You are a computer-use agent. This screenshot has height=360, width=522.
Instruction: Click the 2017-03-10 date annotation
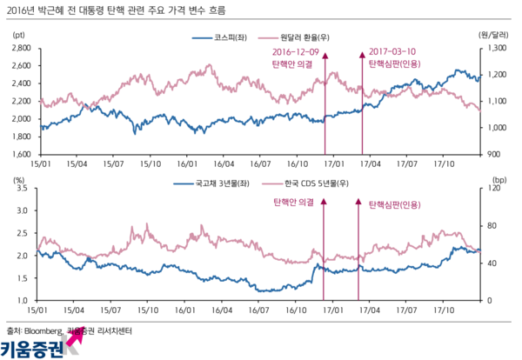(391, 52)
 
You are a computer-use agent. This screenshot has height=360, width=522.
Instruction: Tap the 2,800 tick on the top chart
(22, 48)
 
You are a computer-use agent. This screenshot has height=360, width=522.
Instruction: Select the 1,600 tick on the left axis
(22, 154)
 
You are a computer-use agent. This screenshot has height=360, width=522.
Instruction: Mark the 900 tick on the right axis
(490, 154)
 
